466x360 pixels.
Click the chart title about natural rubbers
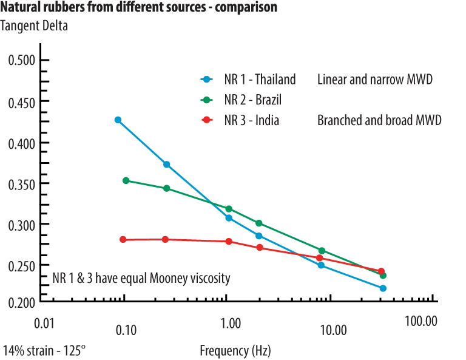pyautogui.click(x=139, y=8)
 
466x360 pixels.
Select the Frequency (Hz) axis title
pyautogui.click(x=235, y=351)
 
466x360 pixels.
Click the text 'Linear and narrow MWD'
pyautogui.click(x=374, y=80)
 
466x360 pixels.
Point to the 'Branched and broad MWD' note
pyautogui.click(x=379, y=120)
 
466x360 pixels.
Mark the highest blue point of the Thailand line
pyautogui.click(x=118, y=120)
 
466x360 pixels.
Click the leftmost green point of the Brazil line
pyautogui.click(x=126, y=180)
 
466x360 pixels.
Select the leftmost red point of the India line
pyautogui.click(x=123, y=239)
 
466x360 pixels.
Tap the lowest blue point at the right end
pyautogui.click(x=383, y=288)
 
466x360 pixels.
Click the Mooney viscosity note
pyautogui.click(x=141, y=279)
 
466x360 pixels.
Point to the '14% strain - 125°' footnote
pyautogui.click(x=44, y=351)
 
